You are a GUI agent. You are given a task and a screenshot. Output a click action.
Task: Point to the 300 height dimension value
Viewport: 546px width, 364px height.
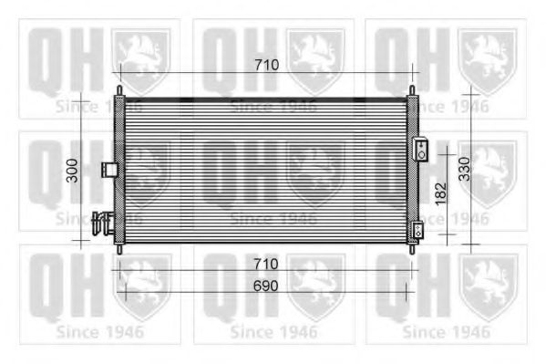pos(72,170)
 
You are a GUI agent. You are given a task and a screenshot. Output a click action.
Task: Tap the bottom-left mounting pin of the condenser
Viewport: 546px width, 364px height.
pos(118,247)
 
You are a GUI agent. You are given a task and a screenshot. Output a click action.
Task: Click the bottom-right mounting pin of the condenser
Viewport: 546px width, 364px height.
pos(412,247)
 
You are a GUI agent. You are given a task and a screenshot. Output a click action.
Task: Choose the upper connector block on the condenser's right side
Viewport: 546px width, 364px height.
pos(421,150)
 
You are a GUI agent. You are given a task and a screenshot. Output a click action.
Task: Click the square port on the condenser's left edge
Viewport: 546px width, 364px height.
pos(108,169)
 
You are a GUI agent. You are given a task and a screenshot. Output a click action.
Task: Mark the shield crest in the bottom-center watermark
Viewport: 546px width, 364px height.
pos(314,283)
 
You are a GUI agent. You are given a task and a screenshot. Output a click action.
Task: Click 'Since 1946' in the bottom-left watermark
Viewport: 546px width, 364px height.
pos(99,331)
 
